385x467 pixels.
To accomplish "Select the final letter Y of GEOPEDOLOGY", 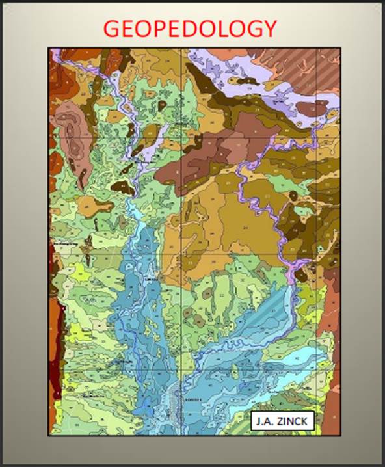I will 269,29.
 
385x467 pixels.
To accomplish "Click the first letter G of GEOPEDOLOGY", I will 113,29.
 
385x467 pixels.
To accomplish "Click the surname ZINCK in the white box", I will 294,422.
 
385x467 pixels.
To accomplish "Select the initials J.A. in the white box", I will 267,422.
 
